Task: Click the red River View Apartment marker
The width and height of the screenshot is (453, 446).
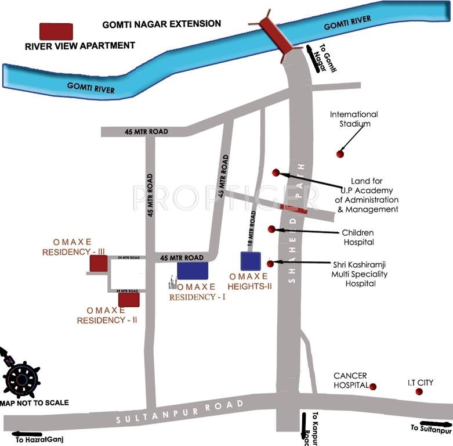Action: point(56,31)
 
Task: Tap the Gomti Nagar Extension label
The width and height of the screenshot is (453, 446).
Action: point(162,24)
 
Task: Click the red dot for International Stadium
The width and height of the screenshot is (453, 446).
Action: point(340,153)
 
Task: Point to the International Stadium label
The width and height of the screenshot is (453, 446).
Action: point(354,119)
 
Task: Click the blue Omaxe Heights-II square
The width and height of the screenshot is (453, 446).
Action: point(251,261)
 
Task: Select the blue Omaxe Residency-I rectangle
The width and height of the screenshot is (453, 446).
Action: point(193,270)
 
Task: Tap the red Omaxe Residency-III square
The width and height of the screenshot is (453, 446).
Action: point(99,264)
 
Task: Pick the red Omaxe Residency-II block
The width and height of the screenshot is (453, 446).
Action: point(129,300)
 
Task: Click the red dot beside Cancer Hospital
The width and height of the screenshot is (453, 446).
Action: point(373,387)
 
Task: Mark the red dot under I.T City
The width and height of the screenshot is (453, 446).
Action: point(419,392)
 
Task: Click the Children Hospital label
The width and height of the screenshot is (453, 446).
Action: point(358,237)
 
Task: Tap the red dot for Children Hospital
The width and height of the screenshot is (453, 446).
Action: point(271,229)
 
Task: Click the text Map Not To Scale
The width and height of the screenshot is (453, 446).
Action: point(34,402)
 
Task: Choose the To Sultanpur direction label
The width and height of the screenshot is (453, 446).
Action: point(430,430)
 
